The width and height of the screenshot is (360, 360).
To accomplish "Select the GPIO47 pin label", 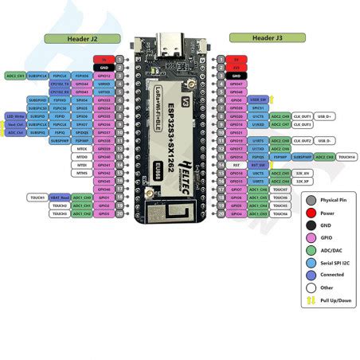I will click(x=236, y=83).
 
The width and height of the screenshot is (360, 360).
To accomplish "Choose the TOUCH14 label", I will click(x=346, y=157).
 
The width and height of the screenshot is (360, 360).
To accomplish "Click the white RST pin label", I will click(x=236, y=165).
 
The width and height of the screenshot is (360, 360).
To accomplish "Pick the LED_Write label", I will click(x=15, y=116).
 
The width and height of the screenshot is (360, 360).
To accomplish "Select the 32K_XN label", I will click(x=302, y=173).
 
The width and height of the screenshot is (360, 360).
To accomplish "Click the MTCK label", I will click(x=82, y=149).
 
